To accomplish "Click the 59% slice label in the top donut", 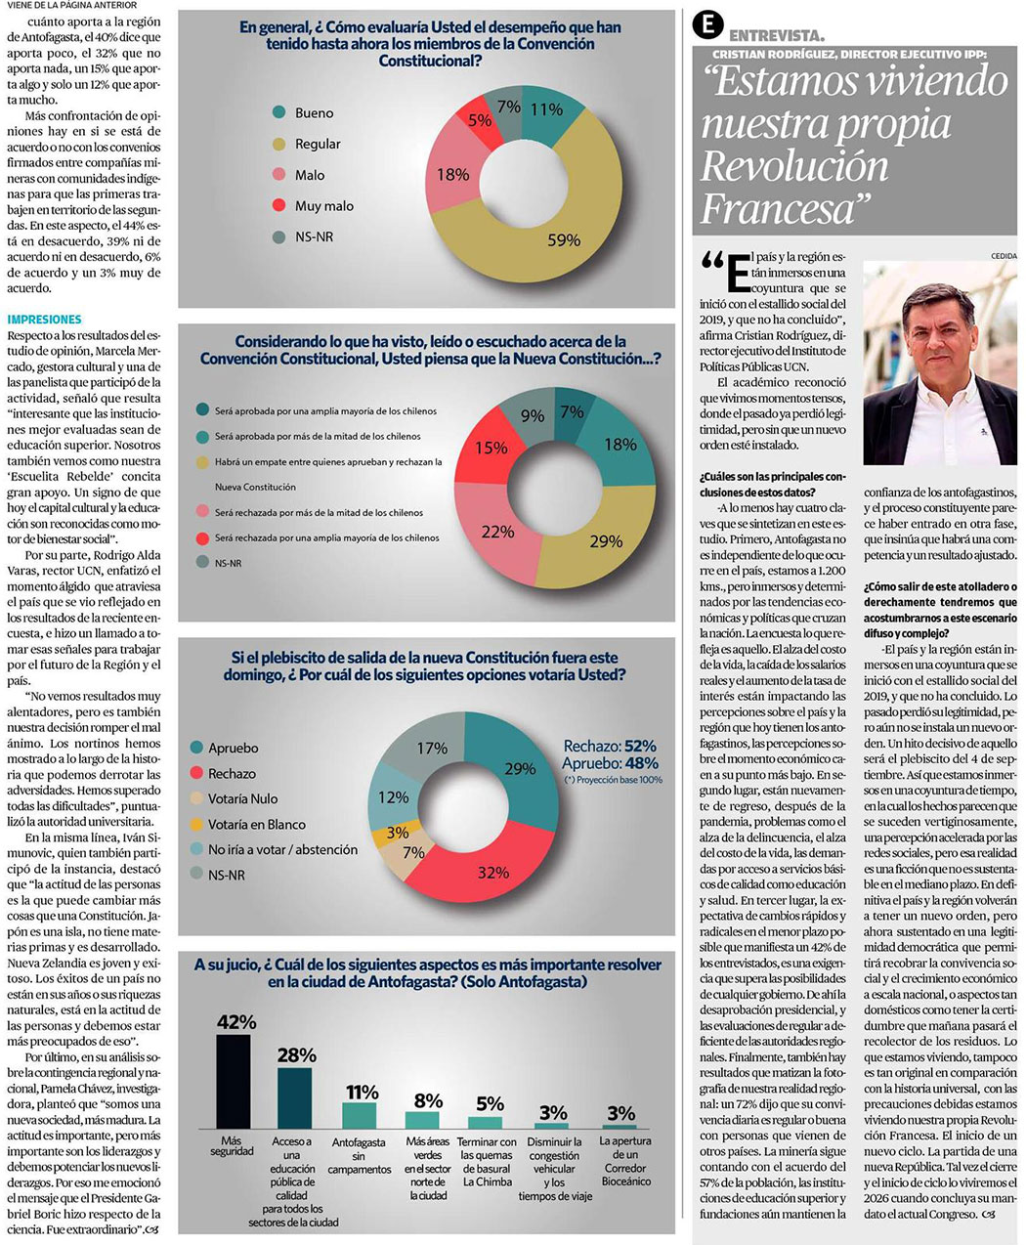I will click(564, 239).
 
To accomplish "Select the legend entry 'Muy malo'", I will click(323, 206).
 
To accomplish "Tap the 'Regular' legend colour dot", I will click(279, 145).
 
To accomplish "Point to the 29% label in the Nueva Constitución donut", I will click(606, 541).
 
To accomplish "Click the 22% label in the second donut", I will click(497, 532).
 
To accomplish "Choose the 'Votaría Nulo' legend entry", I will click(242, 798).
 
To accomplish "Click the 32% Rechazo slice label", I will click(492, 872).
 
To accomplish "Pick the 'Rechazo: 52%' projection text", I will click(610, 746).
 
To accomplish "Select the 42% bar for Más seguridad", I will click(233, 1081).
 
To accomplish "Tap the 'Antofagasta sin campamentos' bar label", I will click(360, 1155).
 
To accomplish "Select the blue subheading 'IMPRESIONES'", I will click(44, 320).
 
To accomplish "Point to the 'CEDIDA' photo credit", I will click(1004, 256).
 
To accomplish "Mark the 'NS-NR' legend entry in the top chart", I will click(314, 236).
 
